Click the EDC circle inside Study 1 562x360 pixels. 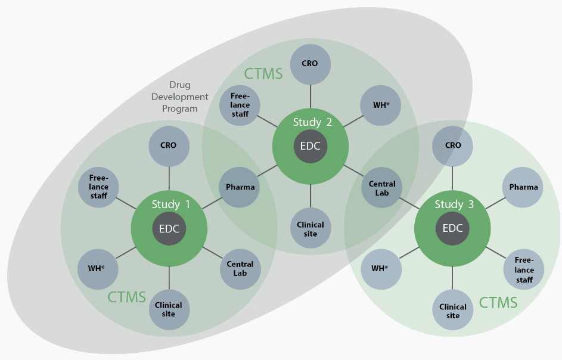point(169,228)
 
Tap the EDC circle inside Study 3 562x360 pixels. point(452,228)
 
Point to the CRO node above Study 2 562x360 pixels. point(311,63)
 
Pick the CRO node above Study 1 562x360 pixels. point(169,145)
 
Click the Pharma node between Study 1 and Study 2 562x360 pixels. point(240,187)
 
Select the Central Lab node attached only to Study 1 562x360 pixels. point(240,269)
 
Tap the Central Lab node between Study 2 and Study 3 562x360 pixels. point(382,188)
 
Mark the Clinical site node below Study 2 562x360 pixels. point(311,229)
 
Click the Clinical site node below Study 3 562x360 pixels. point(453,311)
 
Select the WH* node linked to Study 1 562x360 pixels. point(97,268)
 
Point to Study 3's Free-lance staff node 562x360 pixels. point(524,270)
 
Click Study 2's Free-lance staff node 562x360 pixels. point(240,105)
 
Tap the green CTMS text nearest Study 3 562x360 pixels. point(498,303)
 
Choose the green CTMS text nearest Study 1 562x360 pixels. point(126,296)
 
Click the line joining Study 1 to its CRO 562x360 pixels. point(169,177)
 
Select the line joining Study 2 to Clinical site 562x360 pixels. point(311,195)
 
